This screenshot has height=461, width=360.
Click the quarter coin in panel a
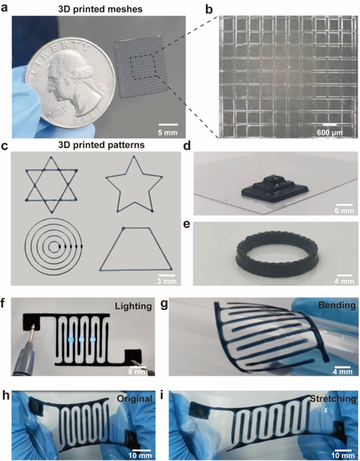coord(70,83)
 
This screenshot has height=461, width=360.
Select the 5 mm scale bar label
coord(168,133)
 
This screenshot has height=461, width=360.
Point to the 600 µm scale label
coord(329,133)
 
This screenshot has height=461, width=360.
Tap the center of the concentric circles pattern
coord(53,246)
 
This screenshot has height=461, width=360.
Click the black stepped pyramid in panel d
coord(275,189)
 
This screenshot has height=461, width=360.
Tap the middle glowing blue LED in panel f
coord(82,339)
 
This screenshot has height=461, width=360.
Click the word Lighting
coord(133,306)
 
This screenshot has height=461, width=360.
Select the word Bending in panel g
coord(337,305)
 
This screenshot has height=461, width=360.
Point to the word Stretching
coord(333,399)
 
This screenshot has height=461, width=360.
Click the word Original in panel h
coord(135,399)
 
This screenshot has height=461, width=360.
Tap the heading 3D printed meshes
coord(100,9)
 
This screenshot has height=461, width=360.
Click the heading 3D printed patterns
coord(101,145)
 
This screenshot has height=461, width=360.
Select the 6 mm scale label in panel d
coord(344,211)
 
